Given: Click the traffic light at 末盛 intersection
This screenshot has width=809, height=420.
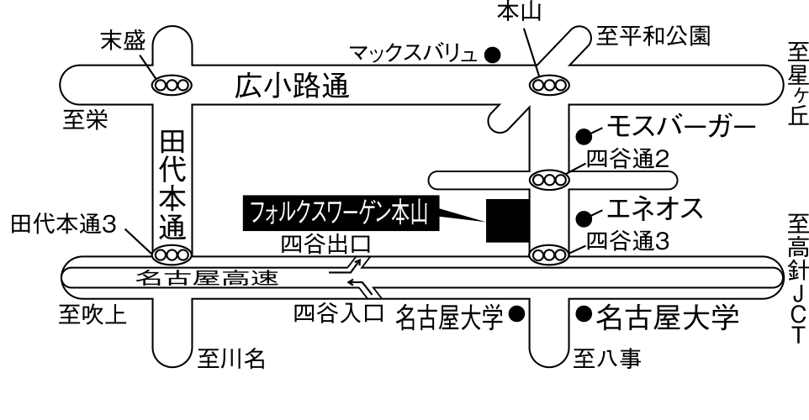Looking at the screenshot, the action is [172, 85].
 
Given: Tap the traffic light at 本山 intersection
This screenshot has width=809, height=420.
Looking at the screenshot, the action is [549, 85].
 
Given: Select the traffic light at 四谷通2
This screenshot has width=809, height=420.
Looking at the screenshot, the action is [549, 181].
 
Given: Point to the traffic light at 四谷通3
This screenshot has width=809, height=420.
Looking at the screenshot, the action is [549, 255].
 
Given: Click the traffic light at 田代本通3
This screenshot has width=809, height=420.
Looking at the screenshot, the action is [172, 255].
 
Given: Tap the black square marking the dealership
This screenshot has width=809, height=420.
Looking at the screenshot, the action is [508, 221].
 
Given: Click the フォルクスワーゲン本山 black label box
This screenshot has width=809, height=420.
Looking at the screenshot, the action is [341, 213].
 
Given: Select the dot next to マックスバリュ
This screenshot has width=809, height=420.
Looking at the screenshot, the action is [493, 54].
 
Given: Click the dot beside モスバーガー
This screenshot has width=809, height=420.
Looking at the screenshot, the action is [584, 136].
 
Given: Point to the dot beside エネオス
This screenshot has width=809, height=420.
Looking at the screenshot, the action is [584, 218].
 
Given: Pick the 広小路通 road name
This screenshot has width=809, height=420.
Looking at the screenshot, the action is [293, 86].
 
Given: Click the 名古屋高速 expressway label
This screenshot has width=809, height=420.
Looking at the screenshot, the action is [208, 278].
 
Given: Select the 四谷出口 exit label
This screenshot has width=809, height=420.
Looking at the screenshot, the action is [326, 244].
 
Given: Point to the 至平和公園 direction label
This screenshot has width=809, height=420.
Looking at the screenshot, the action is [653, 36].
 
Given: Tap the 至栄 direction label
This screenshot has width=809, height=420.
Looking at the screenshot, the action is [86, 120].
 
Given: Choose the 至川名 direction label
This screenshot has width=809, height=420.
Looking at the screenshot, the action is [231, 359].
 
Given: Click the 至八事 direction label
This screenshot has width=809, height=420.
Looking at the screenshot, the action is [607, 359].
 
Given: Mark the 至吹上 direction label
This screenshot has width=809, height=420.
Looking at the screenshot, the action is [93, 314].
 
